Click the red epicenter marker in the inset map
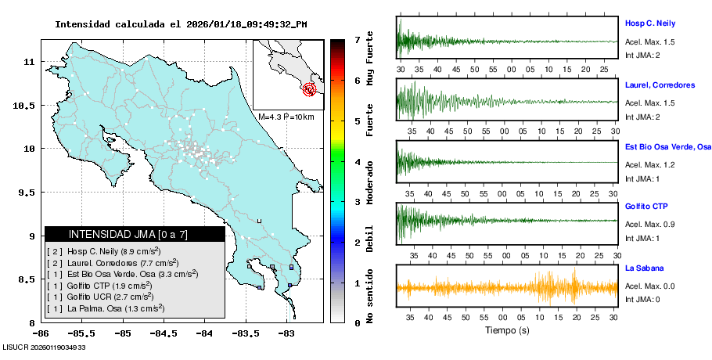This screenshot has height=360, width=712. point(310,89)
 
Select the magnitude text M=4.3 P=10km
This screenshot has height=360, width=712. point(286,117)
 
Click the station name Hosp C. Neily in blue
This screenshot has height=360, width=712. point(649,23)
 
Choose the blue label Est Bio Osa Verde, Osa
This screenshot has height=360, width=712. point(667,146)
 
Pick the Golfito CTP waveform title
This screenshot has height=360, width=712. point(645,207)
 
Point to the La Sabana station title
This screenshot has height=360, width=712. point(644,268)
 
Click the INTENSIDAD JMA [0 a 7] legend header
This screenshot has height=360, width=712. point(134,234)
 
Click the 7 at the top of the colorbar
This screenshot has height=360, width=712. point(357,39)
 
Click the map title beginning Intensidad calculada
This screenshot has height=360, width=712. point(181,24)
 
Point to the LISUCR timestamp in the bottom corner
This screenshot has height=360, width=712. point(44,347)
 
